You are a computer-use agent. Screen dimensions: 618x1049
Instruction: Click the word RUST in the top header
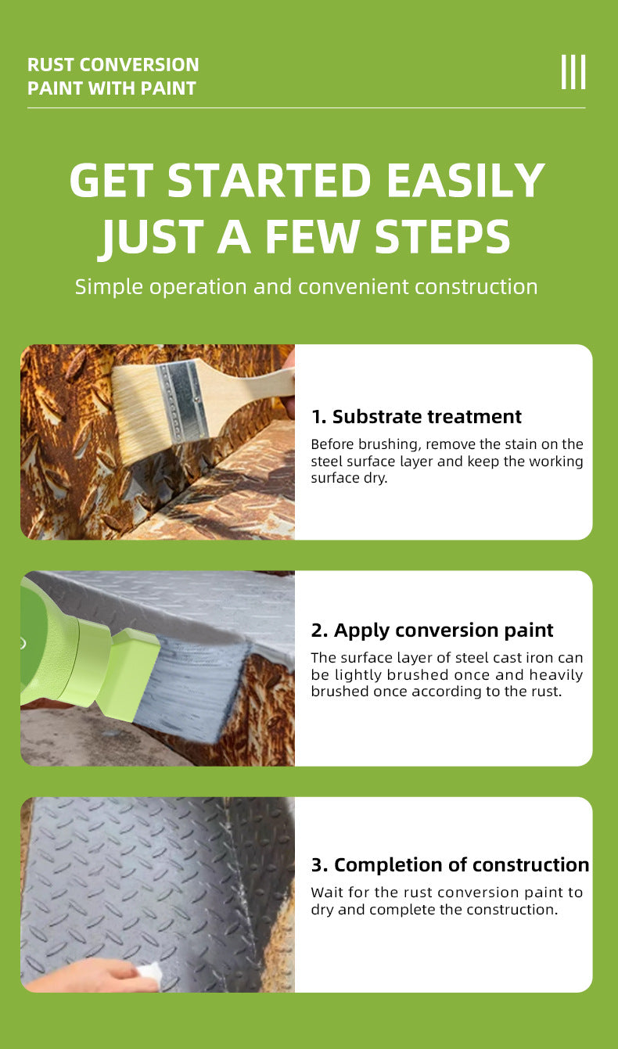coord(51,65)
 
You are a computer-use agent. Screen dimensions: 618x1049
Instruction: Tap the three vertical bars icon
coord(573,72)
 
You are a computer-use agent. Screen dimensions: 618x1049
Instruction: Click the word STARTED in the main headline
coord(269,180)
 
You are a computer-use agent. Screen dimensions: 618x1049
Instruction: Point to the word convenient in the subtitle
coord(354,286)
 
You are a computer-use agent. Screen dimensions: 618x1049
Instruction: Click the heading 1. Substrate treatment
coord(416,416)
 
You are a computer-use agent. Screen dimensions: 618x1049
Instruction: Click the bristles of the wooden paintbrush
coord(141,415)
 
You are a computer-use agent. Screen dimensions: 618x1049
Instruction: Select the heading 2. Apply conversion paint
coord(432,630)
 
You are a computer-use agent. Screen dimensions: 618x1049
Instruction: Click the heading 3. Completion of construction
coord(450,864)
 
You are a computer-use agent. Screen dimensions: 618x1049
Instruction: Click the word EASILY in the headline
coord(466,180)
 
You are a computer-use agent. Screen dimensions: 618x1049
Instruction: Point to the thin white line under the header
coord(306,108)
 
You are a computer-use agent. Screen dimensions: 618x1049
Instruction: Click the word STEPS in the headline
coord(443,236)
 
